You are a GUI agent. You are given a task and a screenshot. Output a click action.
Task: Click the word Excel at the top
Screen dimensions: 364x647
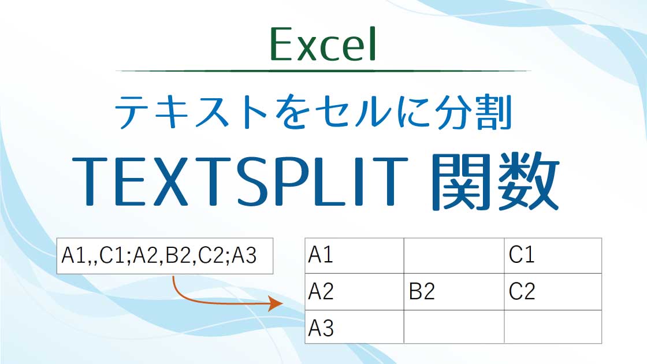pos(323,45)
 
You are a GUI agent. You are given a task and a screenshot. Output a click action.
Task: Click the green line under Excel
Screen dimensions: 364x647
pos(323,70)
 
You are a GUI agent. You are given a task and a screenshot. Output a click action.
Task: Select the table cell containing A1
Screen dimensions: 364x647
pos(354,255)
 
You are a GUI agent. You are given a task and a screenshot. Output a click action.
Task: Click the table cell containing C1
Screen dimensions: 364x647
pos(553,255)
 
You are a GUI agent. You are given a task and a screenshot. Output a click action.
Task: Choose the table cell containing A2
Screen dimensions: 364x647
pos(354,292)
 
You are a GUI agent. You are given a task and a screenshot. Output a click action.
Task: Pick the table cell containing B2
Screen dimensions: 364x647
pos(453,292)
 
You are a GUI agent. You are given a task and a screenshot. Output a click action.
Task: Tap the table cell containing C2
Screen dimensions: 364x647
pos(553,292)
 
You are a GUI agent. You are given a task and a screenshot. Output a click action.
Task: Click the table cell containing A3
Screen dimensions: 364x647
pos(354,327)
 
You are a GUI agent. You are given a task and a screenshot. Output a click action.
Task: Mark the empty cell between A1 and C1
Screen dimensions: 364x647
pos(453,255)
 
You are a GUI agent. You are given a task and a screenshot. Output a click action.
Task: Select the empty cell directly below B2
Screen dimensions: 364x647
pos(453,327)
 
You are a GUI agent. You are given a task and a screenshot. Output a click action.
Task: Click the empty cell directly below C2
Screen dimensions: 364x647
pos(553,327)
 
